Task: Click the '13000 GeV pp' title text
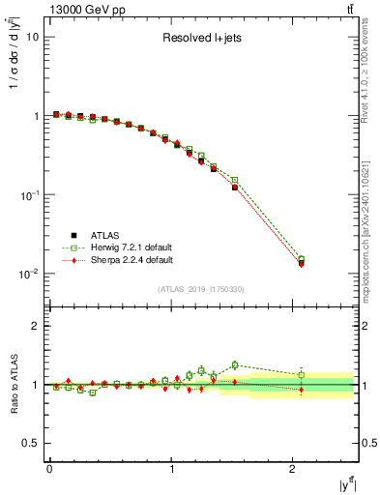pyautogui.click(x=84, y=10)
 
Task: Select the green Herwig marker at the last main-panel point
pyautogui.click(x=302, y=259)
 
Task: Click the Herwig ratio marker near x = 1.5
pyautogui.click(x=235, y=364)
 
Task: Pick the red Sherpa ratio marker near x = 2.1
pyautogui.click(x=302, y=391)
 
